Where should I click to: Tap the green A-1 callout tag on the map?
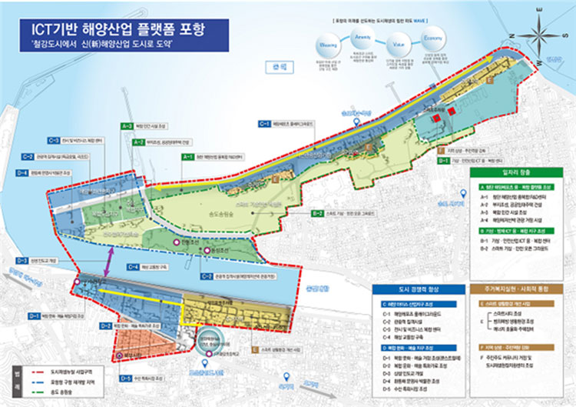click(x=187, y=156)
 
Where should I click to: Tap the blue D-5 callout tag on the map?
click(x=126, y=379)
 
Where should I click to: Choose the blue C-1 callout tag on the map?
click(x=265, y=123)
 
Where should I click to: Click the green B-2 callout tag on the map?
click(x=316, y=213)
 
